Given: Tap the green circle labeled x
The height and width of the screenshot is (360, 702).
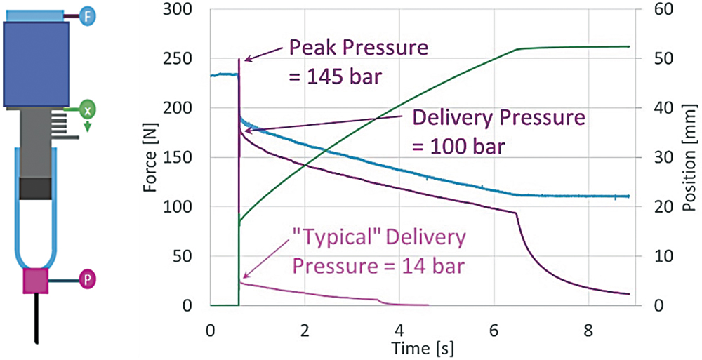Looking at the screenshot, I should [x=86, y=110].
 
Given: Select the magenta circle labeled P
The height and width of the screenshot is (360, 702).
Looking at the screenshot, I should [x=88, y=279].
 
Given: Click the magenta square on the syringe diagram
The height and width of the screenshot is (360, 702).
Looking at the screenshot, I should [x=36, y=280].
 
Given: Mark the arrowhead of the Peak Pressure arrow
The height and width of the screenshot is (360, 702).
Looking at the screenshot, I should [x=242, y=64].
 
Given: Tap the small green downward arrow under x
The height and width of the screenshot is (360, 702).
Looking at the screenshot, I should [x=87, y=126].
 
